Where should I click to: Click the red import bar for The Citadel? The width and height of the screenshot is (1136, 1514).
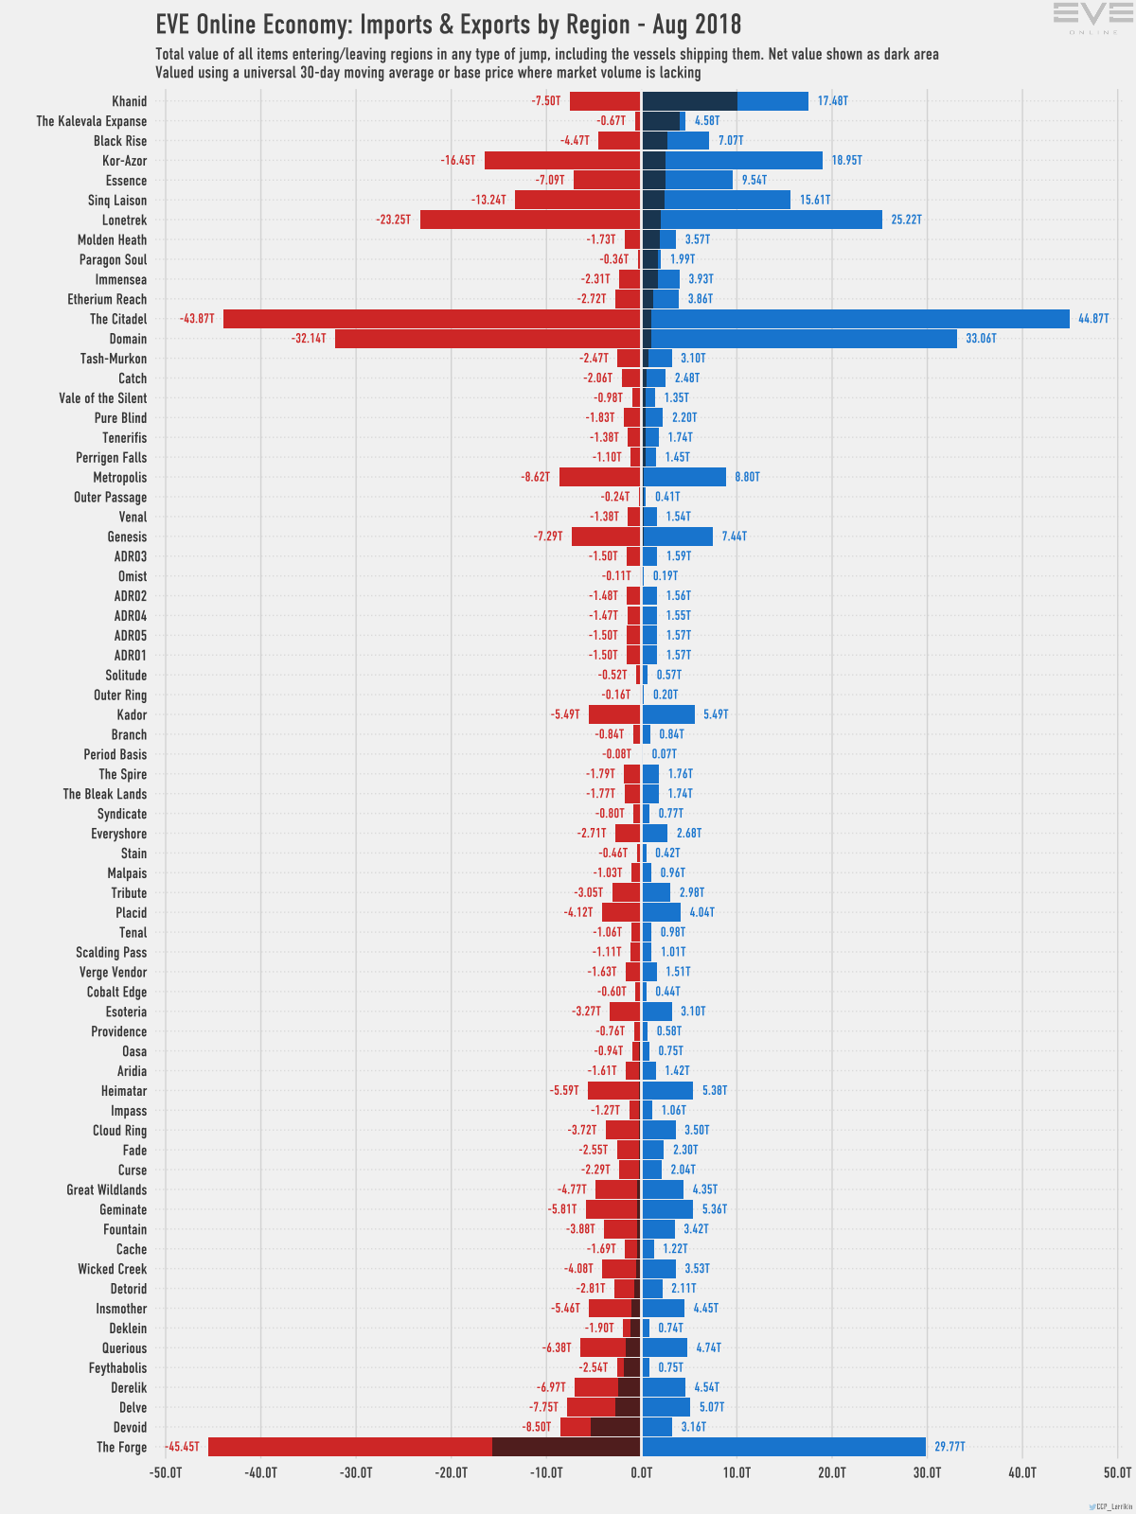coord(431,319)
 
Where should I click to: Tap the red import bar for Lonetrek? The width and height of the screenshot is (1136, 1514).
coord(530,220)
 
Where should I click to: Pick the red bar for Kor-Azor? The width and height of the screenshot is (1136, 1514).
coord(562,161)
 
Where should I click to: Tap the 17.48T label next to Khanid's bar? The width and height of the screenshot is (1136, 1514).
coord(832,101)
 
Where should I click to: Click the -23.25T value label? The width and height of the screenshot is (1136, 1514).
coord(393,220)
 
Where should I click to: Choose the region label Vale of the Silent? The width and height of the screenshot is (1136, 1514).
coord(103,398)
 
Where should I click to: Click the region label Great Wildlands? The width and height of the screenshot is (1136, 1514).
coord(107,1189)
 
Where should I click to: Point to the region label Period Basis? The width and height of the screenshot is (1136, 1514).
coord(115,754)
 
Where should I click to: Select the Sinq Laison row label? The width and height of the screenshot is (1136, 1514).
coord(117,200)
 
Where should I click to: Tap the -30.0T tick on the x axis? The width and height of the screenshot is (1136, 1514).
coord(356,1472)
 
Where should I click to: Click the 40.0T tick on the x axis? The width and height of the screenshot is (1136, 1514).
coord(1022,1472)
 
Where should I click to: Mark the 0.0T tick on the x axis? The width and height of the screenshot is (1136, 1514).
coord(642,1472)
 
